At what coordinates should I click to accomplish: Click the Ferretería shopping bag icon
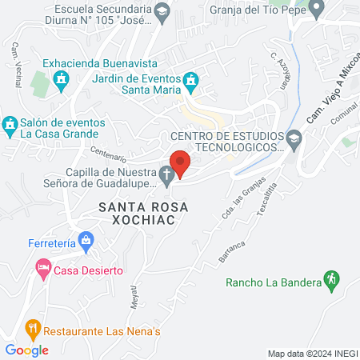[x=87, y=240]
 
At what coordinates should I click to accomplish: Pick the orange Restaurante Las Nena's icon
[x=32, y=327]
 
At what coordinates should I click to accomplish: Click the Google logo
[x=26, y=350]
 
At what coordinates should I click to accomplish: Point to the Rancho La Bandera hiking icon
[x=330, y=279]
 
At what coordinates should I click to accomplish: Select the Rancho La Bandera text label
[x=272, y=282]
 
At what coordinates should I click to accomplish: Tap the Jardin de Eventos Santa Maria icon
[x=190, y=80]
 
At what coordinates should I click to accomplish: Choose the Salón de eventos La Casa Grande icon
[x=10, y=125]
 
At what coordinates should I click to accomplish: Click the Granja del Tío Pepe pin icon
[x=317, y=9]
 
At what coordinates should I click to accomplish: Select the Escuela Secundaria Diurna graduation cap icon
[x=163, y=10]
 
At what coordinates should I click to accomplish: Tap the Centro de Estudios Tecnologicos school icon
[x=294, y=138]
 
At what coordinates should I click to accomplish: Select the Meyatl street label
[x=134, y=299]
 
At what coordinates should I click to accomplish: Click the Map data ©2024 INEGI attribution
[x=312, y=353]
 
